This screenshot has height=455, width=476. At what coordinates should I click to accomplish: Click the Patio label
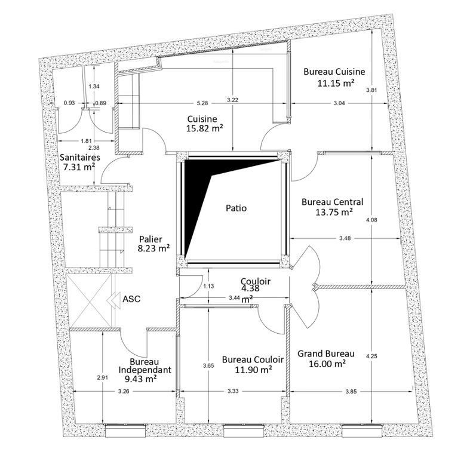coord(236,208)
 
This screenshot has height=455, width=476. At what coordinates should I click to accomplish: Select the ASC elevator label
coord(131,299)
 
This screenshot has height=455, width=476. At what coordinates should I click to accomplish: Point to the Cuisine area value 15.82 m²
coord(205,128)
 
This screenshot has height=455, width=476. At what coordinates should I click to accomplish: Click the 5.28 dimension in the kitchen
coord(202,103)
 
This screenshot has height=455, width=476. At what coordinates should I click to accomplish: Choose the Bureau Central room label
coord(333,202)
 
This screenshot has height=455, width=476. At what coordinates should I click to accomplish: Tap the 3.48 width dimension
coord(345,238)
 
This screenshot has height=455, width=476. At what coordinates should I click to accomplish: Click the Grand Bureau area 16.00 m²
coord(327,364)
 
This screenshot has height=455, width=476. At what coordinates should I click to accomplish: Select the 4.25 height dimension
coord(371,356)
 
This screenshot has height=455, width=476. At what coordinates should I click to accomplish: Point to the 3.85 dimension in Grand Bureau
coord(351,392)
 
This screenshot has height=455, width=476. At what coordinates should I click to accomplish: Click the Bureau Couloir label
coord(253,359)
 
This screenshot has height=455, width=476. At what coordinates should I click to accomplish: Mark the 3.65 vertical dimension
coord(208,366)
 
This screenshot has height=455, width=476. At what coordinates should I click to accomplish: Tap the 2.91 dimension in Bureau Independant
coord(102,377)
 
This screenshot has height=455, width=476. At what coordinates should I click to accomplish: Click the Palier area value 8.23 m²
coord(153,248)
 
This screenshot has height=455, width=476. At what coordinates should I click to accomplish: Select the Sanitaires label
coord(80,158)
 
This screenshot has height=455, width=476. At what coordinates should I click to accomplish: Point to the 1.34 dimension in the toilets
coord(94,86)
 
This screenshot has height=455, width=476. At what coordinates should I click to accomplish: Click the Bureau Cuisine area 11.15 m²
coord(336,83)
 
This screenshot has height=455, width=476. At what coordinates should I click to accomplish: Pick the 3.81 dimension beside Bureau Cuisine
coord(371,90)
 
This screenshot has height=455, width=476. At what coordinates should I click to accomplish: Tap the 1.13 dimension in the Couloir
coord(208,286)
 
